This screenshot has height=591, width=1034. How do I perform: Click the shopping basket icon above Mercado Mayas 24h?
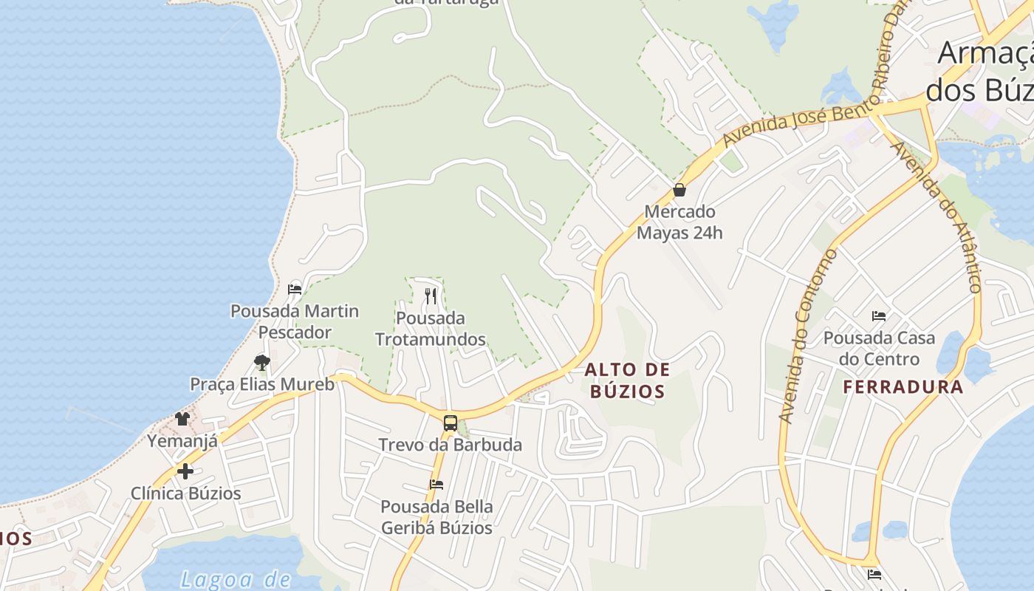[x=679, y=190]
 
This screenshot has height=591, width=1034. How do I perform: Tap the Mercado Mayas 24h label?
[x=679, y=222]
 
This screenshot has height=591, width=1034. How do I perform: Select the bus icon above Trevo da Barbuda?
[x=450, y=423]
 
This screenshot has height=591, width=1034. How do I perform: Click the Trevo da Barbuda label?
[x=450, y=445]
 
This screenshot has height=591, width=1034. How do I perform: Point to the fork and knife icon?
[x=431, y=296]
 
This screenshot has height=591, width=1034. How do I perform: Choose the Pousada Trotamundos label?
[x=431, y=329]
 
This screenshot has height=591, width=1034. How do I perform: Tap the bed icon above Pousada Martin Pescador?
[x=295, y=289]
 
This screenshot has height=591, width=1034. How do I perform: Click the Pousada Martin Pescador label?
[x=295, y=321]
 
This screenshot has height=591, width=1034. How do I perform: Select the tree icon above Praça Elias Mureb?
[x=261, y=362]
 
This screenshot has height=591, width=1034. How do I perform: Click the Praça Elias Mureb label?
[x=262, y=384]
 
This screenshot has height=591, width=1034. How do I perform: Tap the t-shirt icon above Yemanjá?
[x=182, y=419]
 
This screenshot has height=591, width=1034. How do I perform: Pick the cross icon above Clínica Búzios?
[x=185, y=471]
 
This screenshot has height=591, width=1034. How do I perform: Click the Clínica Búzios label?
[x=185, y=493]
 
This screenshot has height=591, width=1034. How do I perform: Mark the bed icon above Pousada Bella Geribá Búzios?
[x=436, y=485]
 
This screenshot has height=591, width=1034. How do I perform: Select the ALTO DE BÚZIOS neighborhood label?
[x=628, y=380]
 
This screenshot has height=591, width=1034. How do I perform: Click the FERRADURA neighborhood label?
[x=903, y=386]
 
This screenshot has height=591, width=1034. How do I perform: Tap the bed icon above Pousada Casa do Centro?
[x=879, y=316]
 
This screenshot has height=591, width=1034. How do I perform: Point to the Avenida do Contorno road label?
[x=807, y=336]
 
